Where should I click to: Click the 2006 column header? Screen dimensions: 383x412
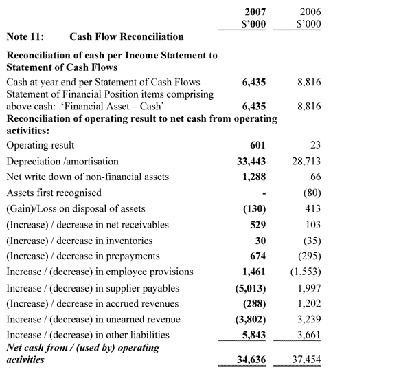click(x=310, y=12)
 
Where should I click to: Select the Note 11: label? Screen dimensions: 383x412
click(x=25, y=36)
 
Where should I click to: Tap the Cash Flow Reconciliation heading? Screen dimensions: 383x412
click(x=127, y=36)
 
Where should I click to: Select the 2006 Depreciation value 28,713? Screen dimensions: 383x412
click(x=305, y=161)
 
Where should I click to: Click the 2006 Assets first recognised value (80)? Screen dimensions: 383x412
click(x=310, y=193)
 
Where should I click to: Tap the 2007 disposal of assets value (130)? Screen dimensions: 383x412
click(x=252, y=208)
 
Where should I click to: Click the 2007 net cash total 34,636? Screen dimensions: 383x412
click(x=247, y=360)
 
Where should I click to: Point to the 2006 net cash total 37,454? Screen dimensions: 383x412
click(x=305, y=360)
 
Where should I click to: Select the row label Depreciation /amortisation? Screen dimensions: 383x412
click(x=62, y=161)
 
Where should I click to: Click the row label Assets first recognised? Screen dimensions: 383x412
click(x=54, y=193)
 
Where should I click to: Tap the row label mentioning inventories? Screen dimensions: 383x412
click(x=79, y=240)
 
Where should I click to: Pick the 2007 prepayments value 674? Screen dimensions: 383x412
click(x=257, y=256)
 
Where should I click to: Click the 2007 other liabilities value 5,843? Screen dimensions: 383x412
click(x=250, y=335)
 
